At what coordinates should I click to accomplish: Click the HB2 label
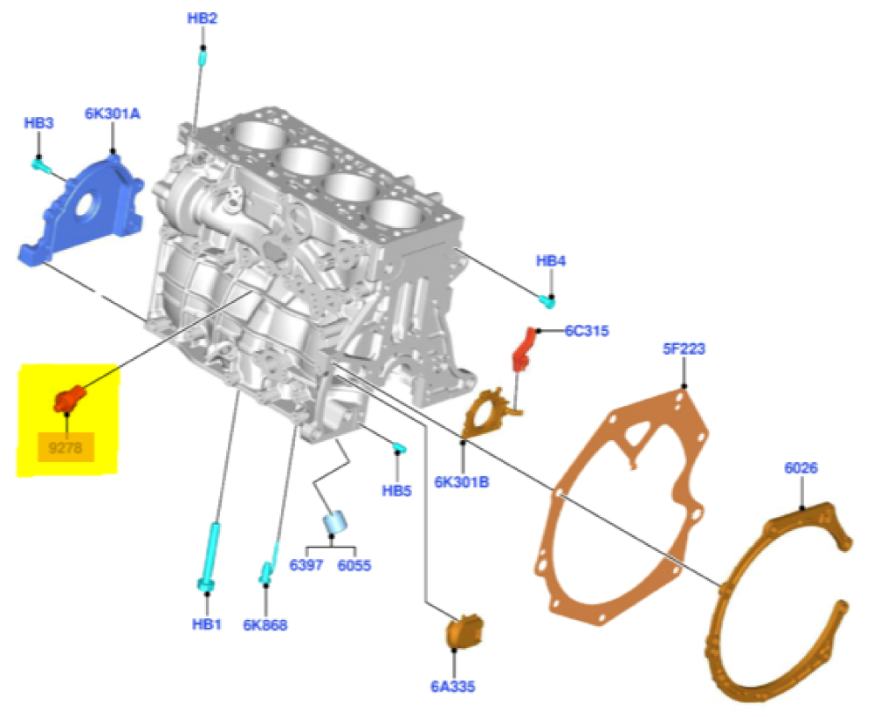[x=203, y=18]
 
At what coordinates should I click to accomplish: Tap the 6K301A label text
[x=113, y=114]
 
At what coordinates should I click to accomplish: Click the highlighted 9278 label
[x=65, y=447]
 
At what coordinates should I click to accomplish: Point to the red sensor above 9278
[x=70, y=397]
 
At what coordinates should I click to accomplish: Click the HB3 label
[x=39, y=122]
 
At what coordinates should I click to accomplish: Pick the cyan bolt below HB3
[x=41, y=166]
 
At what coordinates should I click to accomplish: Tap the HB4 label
[x=551, y=261]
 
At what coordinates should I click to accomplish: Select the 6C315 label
[x=587, y=331]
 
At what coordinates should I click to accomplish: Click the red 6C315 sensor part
[x=523, y=349]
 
